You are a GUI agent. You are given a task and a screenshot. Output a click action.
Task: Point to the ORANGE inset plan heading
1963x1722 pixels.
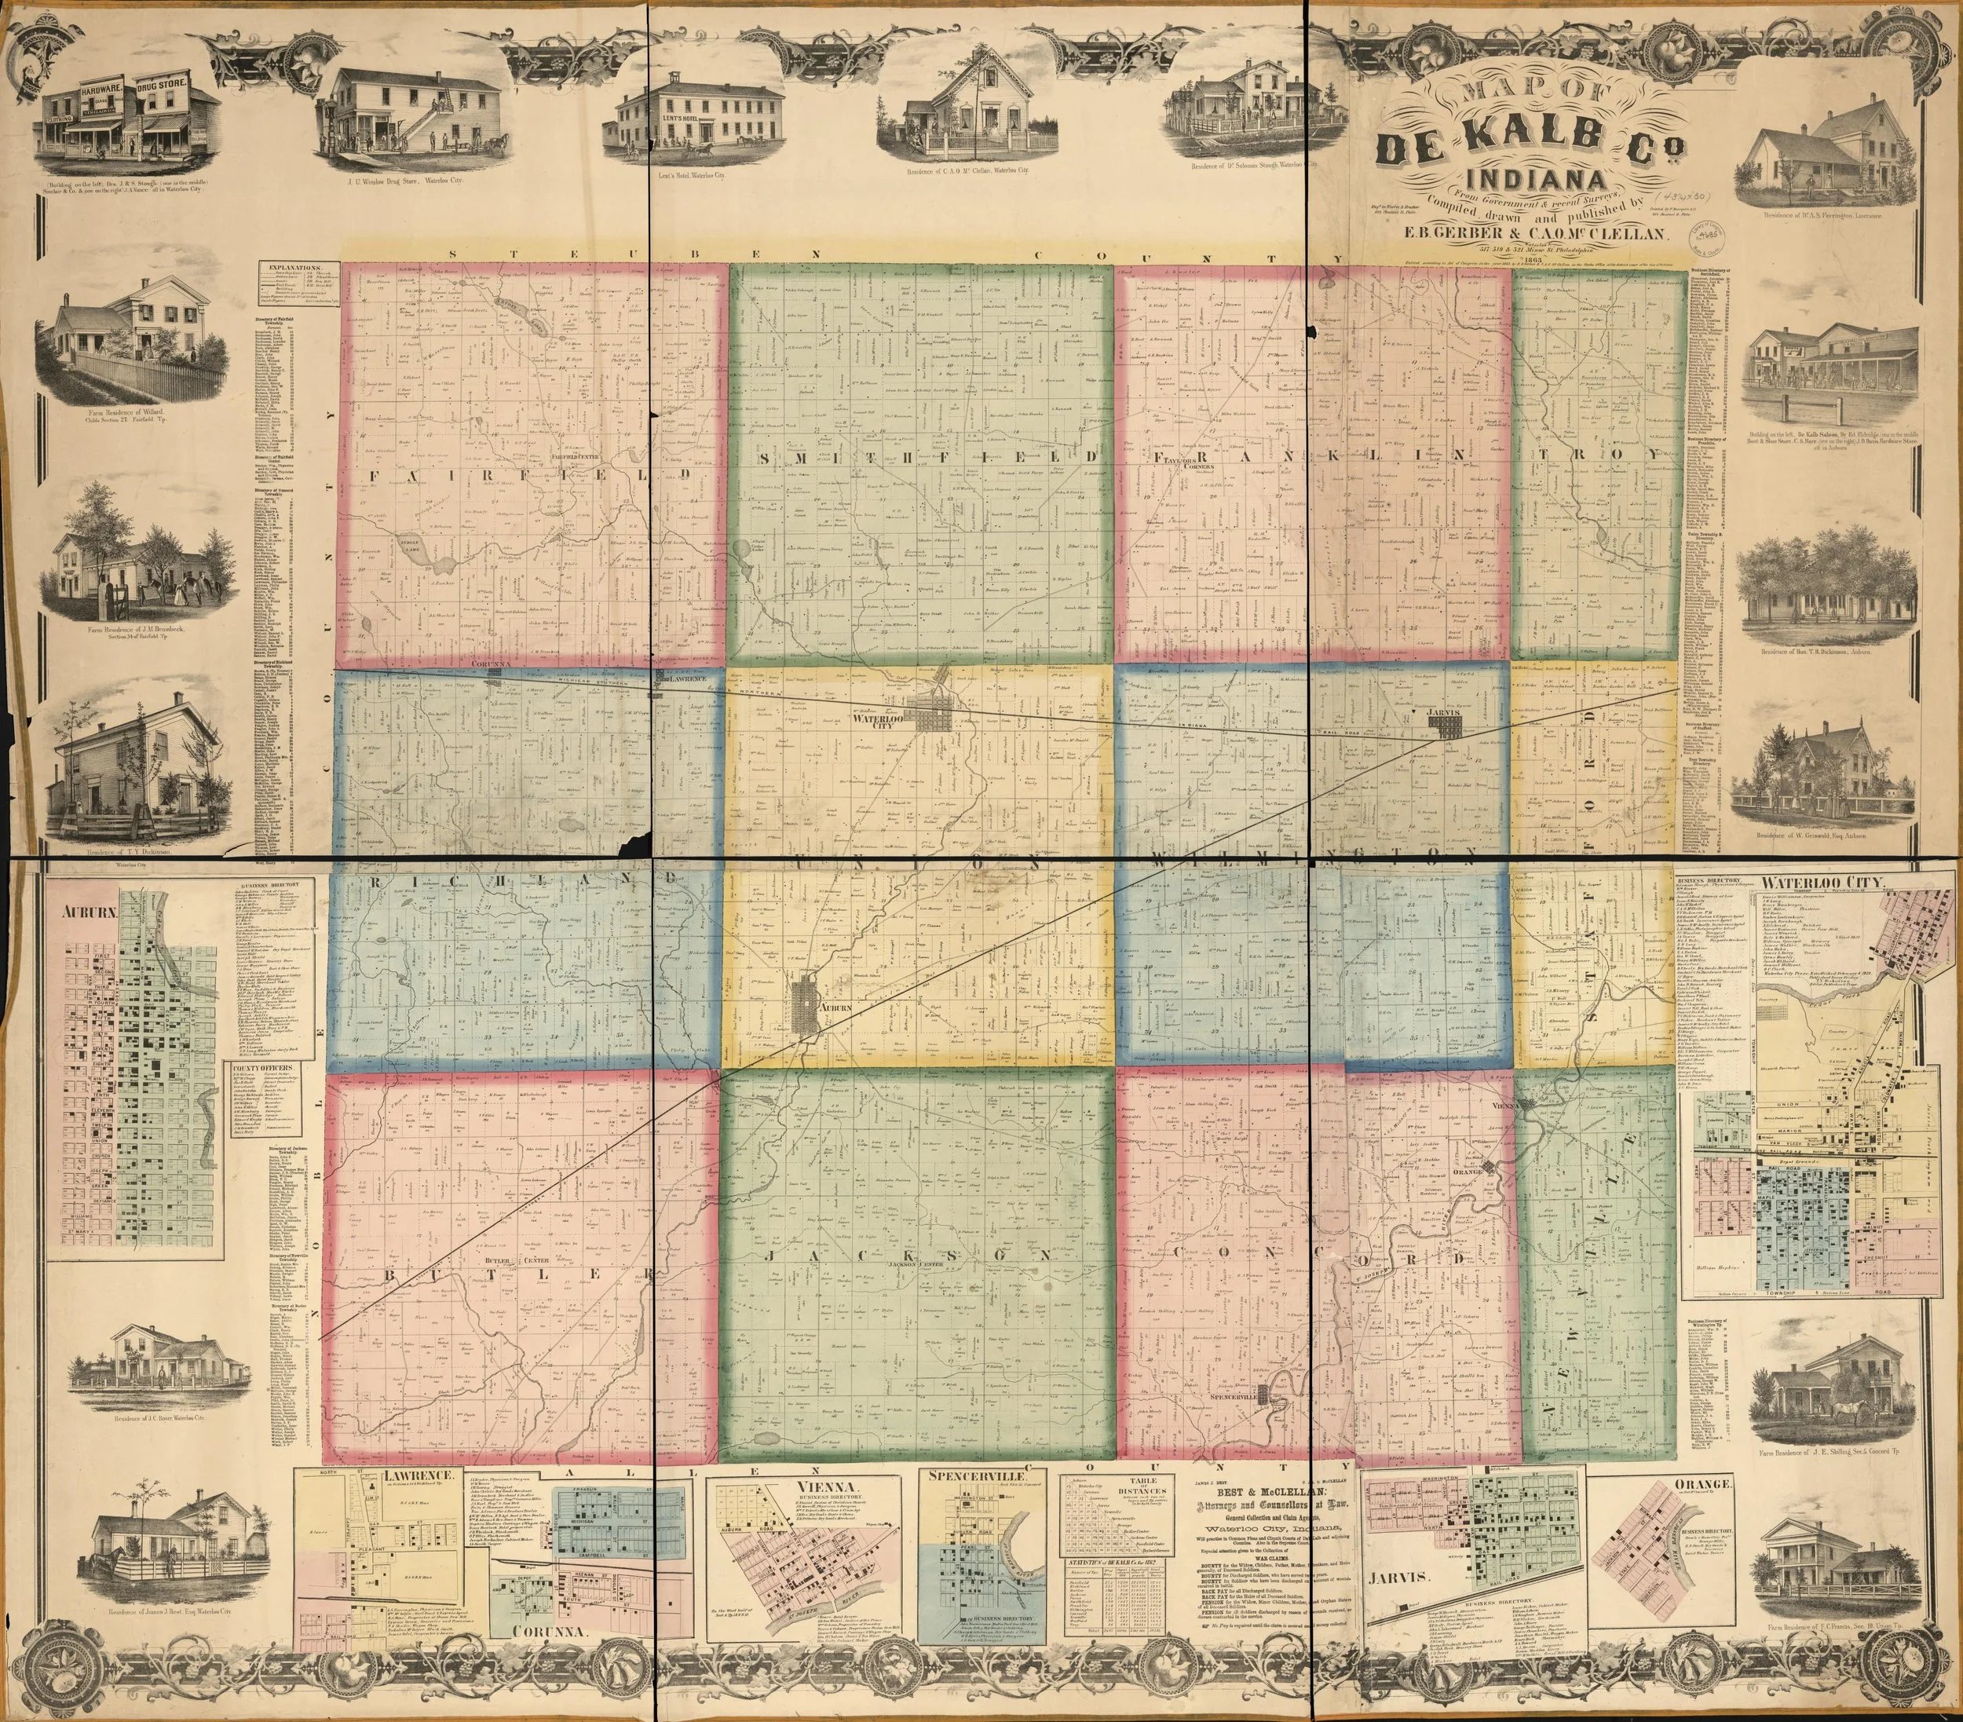pyautogui.click(x=1702, y=1484)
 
